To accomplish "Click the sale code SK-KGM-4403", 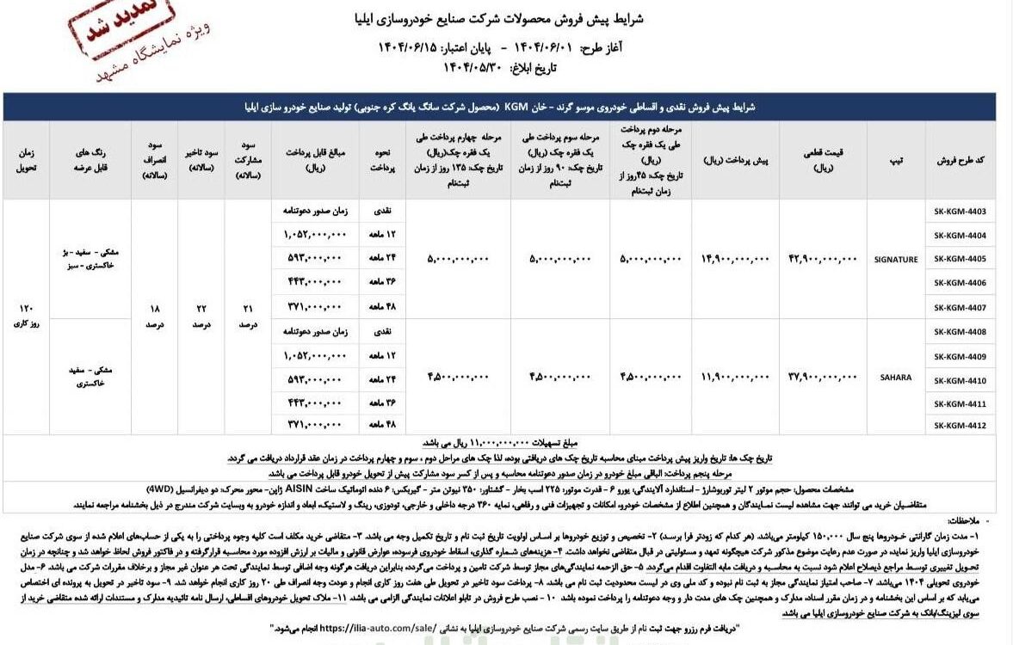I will [960, 212].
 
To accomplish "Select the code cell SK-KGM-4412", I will [960, 426].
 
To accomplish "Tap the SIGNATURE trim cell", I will [895, 259].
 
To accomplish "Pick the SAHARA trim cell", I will [895, 378].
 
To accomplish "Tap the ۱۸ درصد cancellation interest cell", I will [154, 318].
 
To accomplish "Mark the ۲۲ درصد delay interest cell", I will [201, 318].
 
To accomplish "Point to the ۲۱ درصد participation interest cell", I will [249, 318].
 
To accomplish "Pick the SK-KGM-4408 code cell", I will [960, 331].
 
